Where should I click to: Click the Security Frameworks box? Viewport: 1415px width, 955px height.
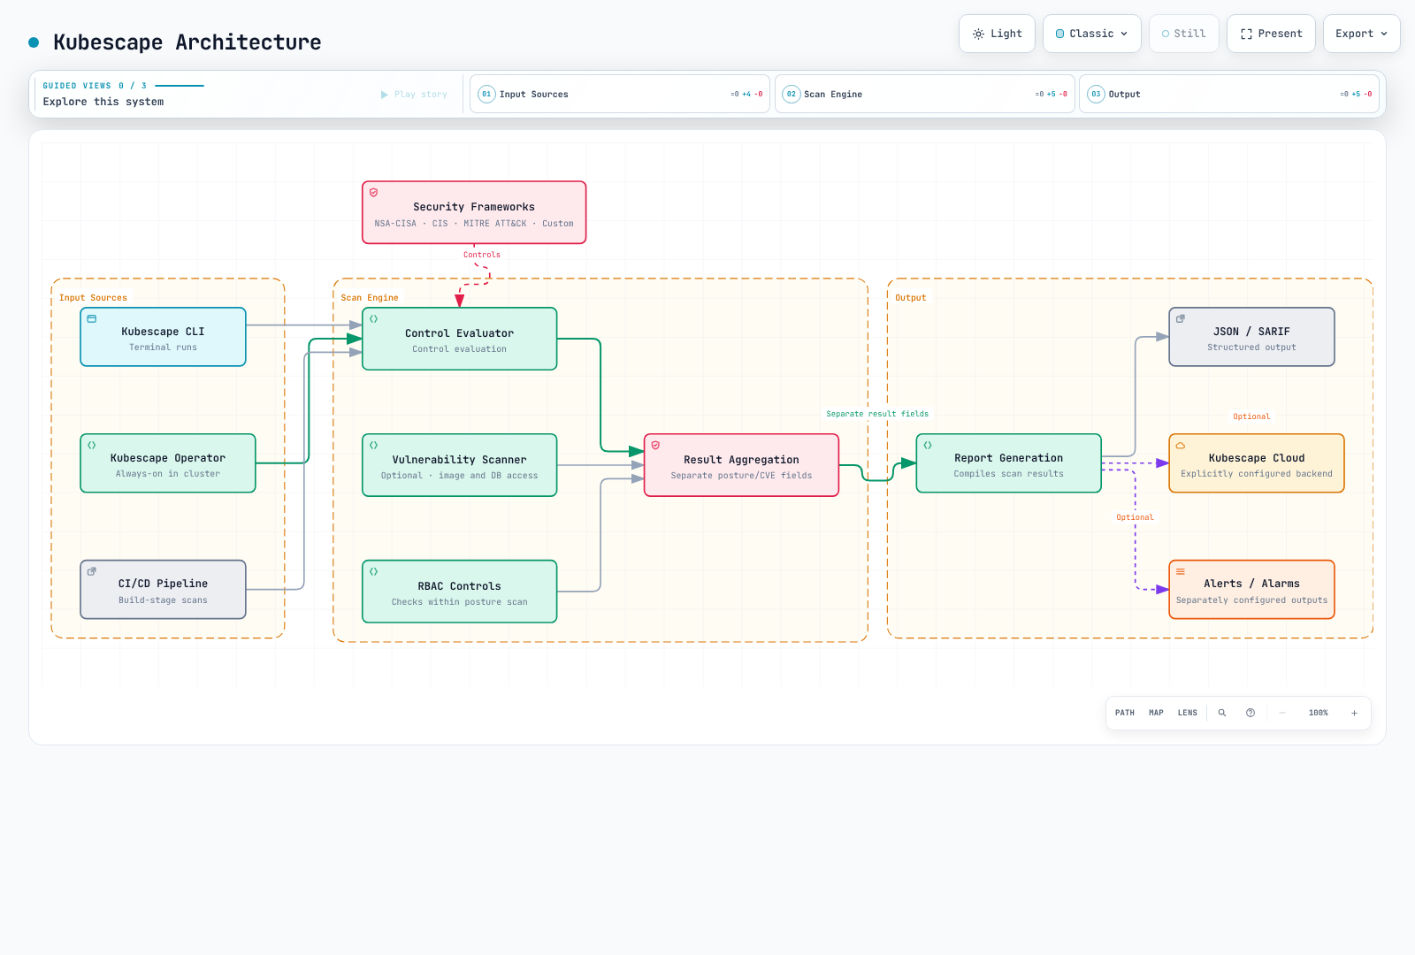point(474,212)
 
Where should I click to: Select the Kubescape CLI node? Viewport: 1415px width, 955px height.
point(163,337)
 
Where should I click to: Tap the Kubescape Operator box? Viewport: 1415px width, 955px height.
point(168,463)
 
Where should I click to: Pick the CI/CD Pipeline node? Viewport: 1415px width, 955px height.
point(163,589)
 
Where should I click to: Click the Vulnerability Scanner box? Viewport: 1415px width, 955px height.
point(459,465)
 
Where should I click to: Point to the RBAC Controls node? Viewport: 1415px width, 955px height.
point(459,592)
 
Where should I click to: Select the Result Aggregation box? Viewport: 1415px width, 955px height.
point(742,465)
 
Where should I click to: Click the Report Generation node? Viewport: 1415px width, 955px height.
point(1009,463)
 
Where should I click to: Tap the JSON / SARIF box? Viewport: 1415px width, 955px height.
point(1251,337)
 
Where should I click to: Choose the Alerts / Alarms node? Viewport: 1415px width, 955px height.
point(1251,589)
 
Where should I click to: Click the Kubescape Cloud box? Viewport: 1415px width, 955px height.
point(1257,463)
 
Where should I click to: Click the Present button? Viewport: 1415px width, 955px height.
point(1271,34)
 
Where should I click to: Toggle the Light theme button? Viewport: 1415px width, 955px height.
point(997,34)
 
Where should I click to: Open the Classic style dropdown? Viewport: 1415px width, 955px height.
point(1091,34)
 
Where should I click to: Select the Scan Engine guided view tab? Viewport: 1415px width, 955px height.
point(925,94)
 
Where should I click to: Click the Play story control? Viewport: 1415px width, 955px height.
point(415,94)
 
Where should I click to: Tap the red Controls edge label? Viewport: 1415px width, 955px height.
point(481,255)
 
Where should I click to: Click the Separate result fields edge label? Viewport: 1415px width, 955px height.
point(877,414)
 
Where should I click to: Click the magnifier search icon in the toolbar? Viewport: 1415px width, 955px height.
point(1222,713)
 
